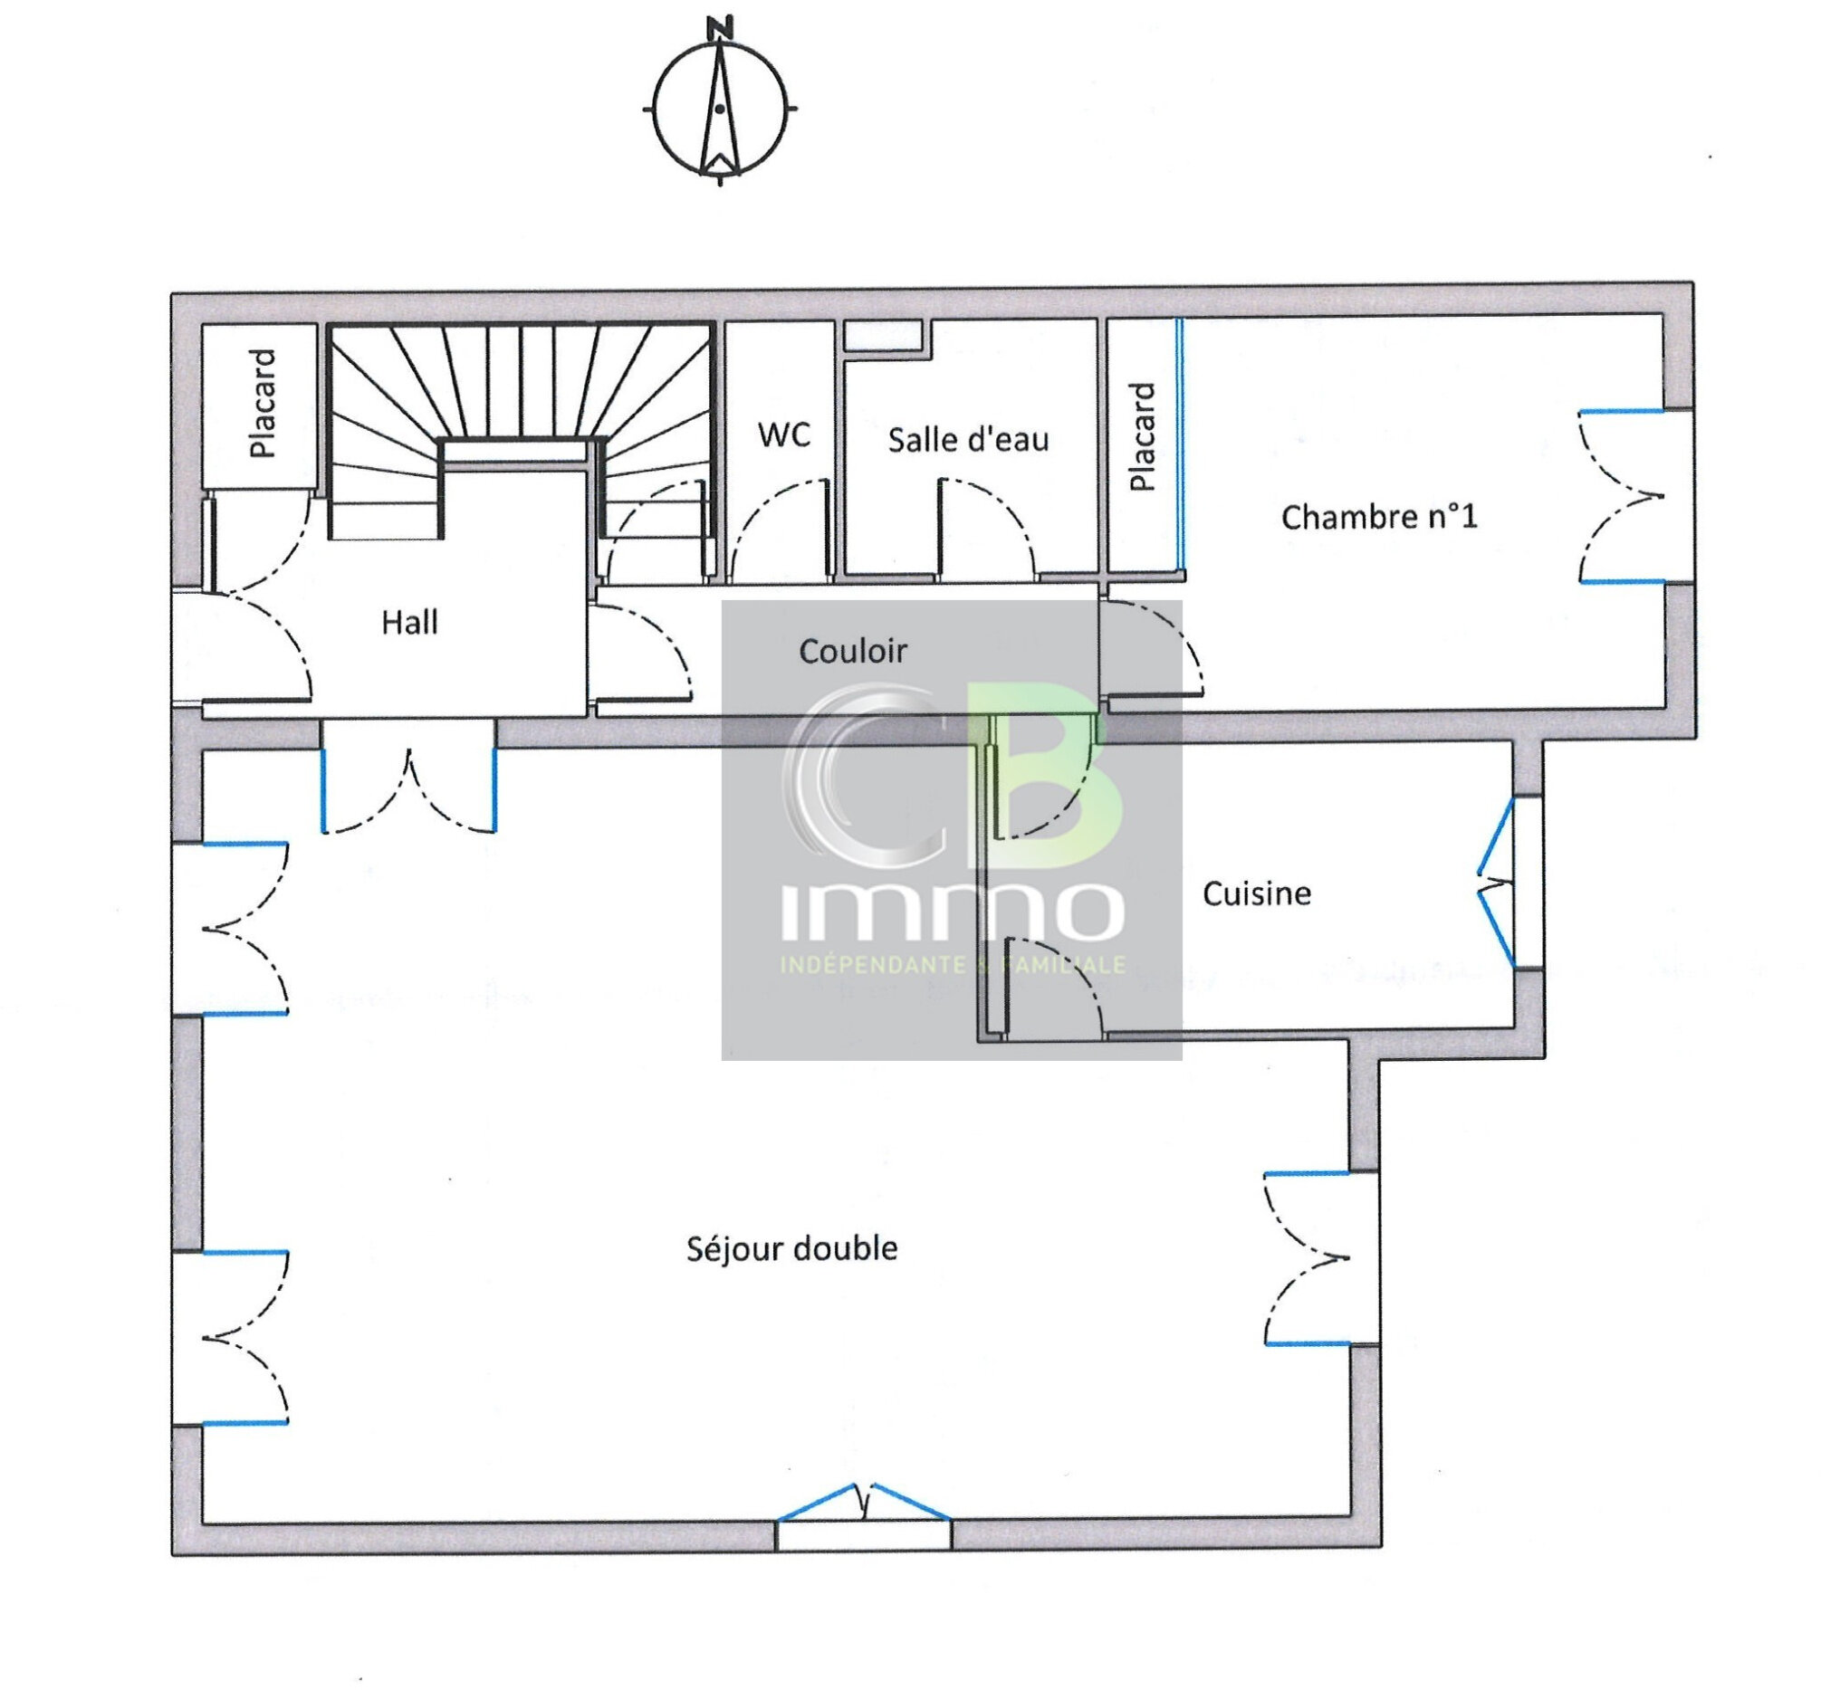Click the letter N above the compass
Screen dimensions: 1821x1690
pyautogui.click(x=723, y=27)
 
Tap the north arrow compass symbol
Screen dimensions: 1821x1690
pyautogui.click(x=720, y=109)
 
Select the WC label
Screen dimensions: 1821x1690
pyautogui.click(x=784, y=434)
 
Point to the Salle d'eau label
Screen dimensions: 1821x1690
pyautogui.click(x=968, y=440)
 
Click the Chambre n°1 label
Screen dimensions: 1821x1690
pyautogui.click(x=1378, y=518)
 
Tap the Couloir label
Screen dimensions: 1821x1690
pyautogui.click(x=852, y=651)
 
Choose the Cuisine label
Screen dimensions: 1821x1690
pyautogui.click(x=1256, y=893)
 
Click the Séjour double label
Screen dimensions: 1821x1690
pyautogui.click(x=791, y=1248)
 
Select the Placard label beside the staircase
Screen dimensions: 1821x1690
pyautogui.click(x=263, y=404)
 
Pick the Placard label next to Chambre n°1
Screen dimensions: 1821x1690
pyautogui.click(x=1143, y=437)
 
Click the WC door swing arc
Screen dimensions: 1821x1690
pyautogui.click(x=778, y=521)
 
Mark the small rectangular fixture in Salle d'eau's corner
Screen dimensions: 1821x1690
pyautogui.click(x=884, y=336)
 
